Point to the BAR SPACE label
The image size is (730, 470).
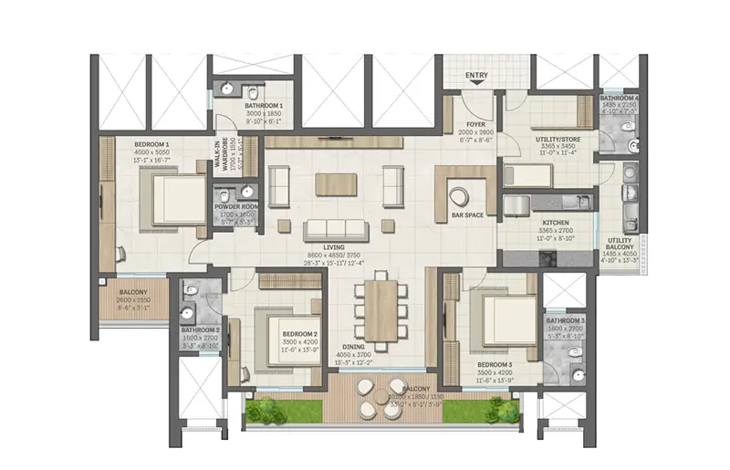(466, 215)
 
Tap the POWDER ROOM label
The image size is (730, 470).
(235, 207)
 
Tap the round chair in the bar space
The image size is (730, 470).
(459, 194)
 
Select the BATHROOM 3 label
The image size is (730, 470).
(565, 321)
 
